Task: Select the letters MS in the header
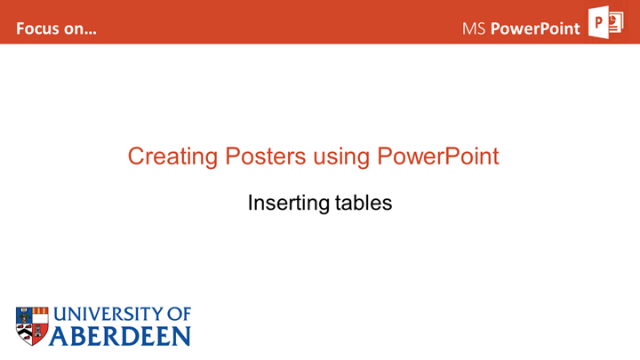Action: [474, 28]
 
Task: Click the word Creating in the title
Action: [167, 157]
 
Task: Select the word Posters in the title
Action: [259, 156]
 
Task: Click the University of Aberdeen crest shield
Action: [32, 325]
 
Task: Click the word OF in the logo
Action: [180, 315]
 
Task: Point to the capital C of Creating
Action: [136, 156]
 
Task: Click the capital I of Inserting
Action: [250, 203]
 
